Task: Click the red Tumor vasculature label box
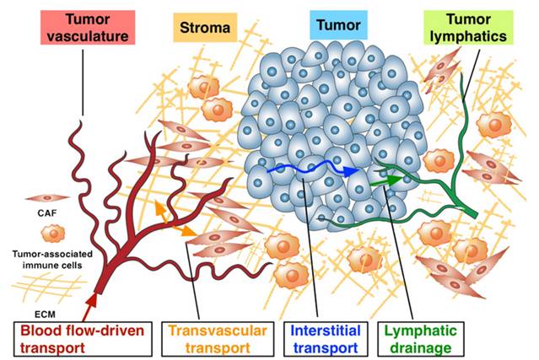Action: click(81, 28)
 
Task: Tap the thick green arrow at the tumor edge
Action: click(385, 178)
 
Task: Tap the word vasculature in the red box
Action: click(81, 36)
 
